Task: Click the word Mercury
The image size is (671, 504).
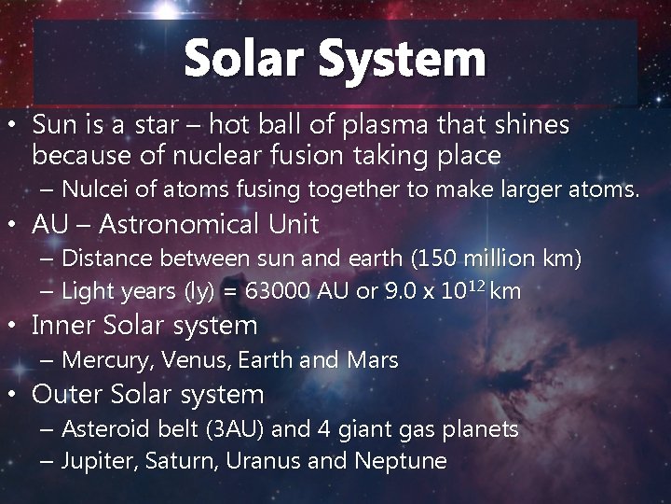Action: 100,359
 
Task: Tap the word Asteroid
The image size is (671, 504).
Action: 104,428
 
